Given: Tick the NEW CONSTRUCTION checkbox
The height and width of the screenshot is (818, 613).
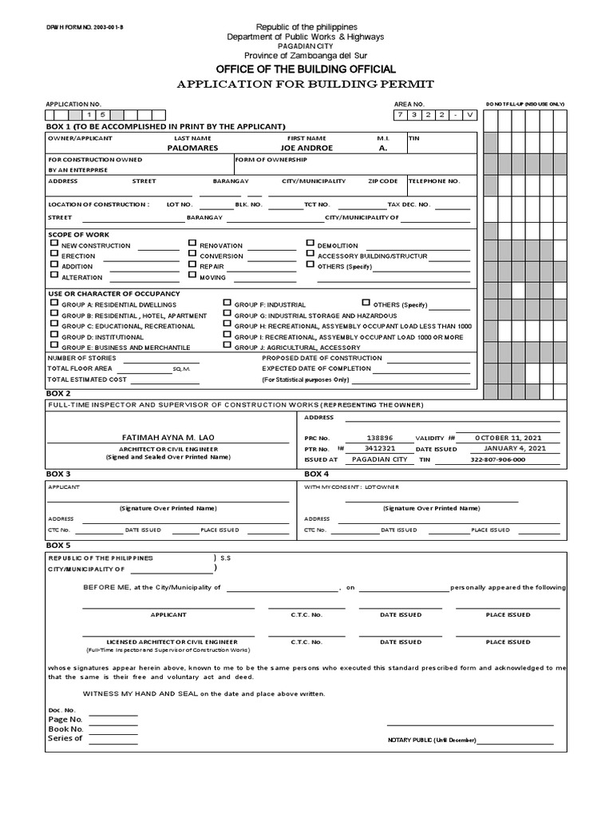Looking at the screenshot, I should [54, 243].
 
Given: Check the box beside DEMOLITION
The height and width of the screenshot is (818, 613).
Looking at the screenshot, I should [310, 243].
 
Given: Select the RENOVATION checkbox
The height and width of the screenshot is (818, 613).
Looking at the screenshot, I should [192, 243].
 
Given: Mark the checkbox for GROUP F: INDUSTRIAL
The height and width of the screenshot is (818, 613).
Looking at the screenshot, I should [227, 303].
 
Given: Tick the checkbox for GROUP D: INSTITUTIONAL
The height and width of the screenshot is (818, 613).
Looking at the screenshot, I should [54, 336].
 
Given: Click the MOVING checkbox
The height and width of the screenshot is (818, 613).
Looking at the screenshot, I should [192, 275].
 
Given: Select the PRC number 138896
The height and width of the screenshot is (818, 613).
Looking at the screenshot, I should [380, 438].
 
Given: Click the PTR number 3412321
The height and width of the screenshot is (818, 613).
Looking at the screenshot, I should [380, 449].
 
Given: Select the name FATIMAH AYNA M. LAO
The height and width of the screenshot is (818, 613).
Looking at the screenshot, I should [168, 438].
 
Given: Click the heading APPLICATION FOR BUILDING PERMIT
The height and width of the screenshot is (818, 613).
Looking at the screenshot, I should [306, 84].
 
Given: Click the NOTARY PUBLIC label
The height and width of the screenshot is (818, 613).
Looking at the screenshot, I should [431, 741].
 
